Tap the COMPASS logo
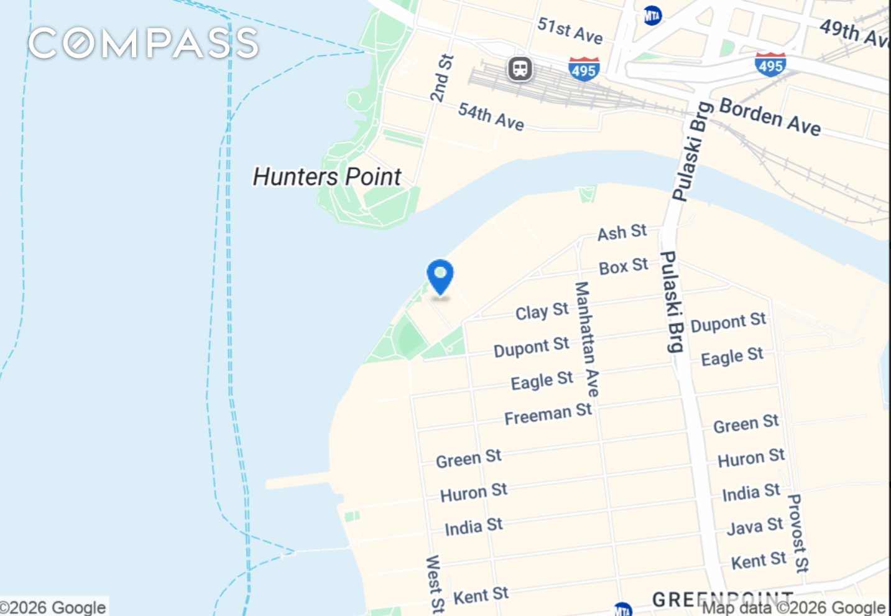pyautogui.click(x=143, y=43)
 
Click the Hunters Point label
pyautogui.click(x=327, y=177)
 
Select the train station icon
pyautogui.click(x=520, y=68)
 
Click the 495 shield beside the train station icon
pyautogui.click(x=584, y=68)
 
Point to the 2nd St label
pyautogui.click(x=442, y=78)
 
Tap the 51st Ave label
pyautogui.click(x=570, y=30)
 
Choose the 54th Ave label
pyautogui.click(x=491, y=116)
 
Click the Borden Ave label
pyautogui.click(x=770, y=116)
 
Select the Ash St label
pyautogui.click(x=622, y=233)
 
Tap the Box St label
pyautogui.click(x=623, y=266)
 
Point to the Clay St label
pyautogui.click(x=542, y=311)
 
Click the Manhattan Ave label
pyautogui.click(x=586, y=339)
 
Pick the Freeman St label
pyautogui.click(x=548, y=414)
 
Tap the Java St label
pyautogui.click(x=755, y=526)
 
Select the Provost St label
pyautogui.click(x=798, y=533)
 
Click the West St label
pyautogui.click(x=435, y=584)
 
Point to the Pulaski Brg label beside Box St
pyautogui.click(x=671, y=301)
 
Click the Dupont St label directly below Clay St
pyautogui.click(x=531, y=347)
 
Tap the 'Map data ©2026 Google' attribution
pyautogui.click(x=793, y=607)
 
